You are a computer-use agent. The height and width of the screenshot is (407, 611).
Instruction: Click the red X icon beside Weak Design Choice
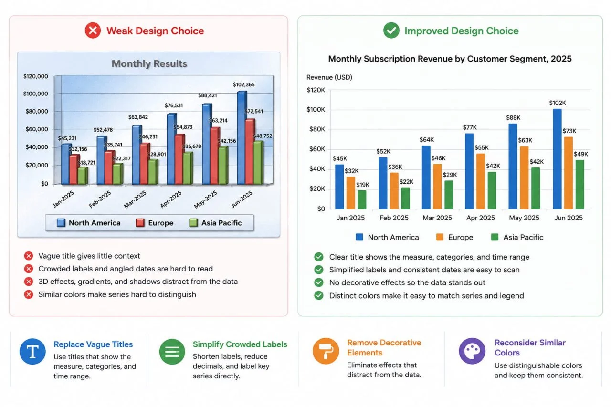93,30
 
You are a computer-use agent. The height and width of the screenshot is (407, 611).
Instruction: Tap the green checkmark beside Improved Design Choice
391,30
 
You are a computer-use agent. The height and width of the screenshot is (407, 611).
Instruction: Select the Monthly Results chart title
149,63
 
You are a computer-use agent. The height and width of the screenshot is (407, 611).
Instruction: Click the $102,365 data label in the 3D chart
243,84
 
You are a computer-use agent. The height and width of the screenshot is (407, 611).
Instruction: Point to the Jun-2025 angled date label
242,199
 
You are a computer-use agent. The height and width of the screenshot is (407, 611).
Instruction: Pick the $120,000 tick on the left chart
35,76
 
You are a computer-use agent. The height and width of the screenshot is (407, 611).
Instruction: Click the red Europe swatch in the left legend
140,223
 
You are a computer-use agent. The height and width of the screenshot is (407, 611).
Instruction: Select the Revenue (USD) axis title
329,77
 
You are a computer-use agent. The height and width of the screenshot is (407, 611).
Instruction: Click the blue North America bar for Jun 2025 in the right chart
557,159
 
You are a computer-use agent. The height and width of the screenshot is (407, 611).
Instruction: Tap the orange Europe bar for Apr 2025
481,181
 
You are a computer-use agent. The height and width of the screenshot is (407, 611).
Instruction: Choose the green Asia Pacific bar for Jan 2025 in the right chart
362,199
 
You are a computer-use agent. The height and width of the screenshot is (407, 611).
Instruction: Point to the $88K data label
513,118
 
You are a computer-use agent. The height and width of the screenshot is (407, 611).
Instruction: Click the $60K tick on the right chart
317,149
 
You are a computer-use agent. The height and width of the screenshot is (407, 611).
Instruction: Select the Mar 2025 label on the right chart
437,218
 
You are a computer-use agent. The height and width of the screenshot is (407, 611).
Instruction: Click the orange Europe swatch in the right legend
440,237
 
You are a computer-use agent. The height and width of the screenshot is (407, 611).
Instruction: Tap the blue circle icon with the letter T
32,352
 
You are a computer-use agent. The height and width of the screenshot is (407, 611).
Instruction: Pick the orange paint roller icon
326,351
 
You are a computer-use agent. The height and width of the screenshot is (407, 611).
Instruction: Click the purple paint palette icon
472,351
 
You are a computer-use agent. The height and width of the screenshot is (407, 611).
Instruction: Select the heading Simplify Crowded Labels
240,344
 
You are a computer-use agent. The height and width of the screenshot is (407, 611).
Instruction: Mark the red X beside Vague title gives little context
28,256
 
